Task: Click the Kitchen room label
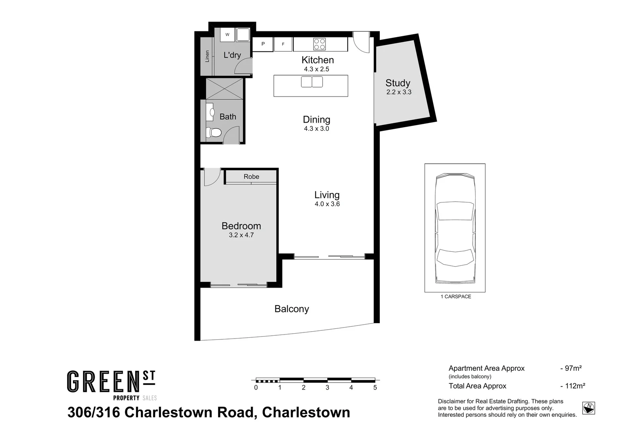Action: pyautogui.click(x=317, y=60)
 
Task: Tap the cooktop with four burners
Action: pyautogui.click(x=319, y=44)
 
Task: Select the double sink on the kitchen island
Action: pyautogui.click(x=312, y=82)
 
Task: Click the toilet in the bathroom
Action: pyautogui.click(x=214, y=132)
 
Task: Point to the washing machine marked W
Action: pyautogui.click(x=227, y=35)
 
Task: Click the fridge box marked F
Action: pyautogui.click(x=283, y=44)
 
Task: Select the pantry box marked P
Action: pyautogui.click(x=263, y=44)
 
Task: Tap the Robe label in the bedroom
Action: pyautogui.click(x=251, y=176)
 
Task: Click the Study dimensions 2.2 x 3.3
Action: pyautogui.click(x=399, y=92)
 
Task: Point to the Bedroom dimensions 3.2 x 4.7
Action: pyautogui.click(x=241, y=235)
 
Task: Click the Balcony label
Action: pyautogui.click(x=291, y=309)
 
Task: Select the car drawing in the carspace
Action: pyautogui.click(x=455, y=228)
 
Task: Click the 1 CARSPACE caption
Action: pyautogui.click(x=456, y=297)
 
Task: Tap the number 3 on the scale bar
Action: pyautogui.click(x=327, y=388)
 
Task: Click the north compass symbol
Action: pyautogui.click(x=588, y=407)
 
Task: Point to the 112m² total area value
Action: pyautogui.click(x=573, y=386)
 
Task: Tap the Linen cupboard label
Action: pyautogui.click(x=207, y=56)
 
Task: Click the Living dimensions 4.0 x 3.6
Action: pyautogui.click(x=327, y=204)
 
